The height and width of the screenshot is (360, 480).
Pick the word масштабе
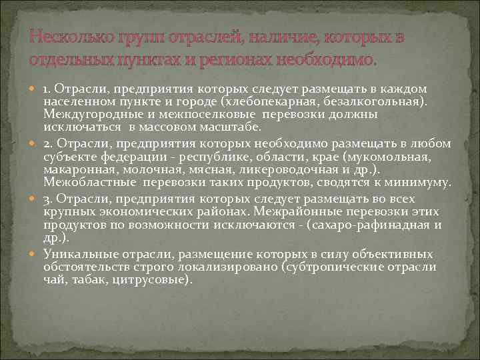tap(233, 127)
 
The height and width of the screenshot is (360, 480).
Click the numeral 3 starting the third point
tap(47, 199)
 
